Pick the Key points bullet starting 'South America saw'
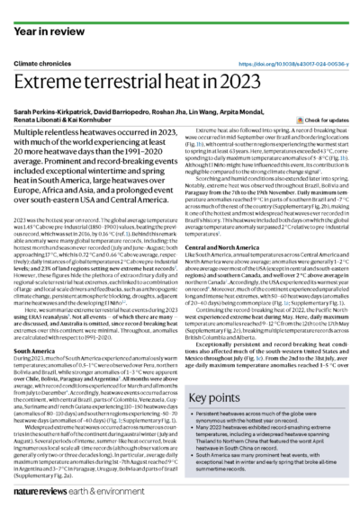[271, 467]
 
